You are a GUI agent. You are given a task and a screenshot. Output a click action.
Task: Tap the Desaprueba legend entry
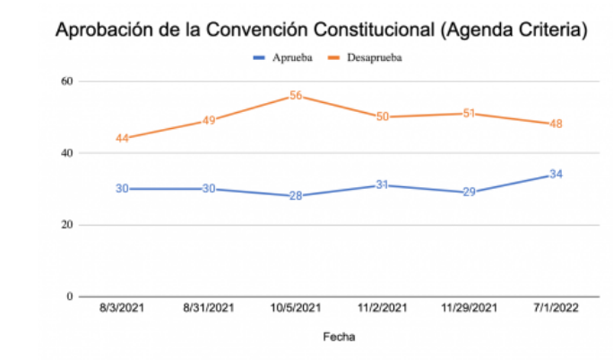coord(370,58)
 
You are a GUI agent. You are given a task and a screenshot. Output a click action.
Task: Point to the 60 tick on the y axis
coord(65,81)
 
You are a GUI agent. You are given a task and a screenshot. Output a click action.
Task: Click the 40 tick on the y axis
coord(65,153)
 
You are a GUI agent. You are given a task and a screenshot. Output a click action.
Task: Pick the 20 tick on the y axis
coord(65,225)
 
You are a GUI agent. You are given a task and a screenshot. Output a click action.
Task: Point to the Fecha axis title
coord(340,338)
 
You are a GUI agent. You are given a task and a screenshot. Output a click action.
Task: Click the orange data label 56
coord(296,96)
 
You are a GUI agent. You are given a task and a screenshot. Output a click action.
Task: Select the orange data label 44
coord(123,139)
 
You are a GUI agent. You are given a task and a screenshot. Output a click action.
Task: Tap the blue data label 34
coord(557,174)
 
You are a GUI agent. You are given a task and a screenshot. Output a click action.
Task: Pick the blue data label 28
coord(296,196)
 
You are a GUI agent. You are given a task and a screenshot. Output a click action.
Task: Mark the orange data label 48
coord(557,124)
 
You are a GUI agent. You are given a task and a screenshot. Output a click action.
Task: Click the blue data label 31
coord(383,185)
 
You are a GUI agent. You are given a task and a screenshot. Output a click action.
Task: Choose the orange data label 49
coord(209,121)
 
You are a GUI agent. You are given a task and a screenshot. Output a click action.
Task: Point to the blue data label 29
coord(470,193)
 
